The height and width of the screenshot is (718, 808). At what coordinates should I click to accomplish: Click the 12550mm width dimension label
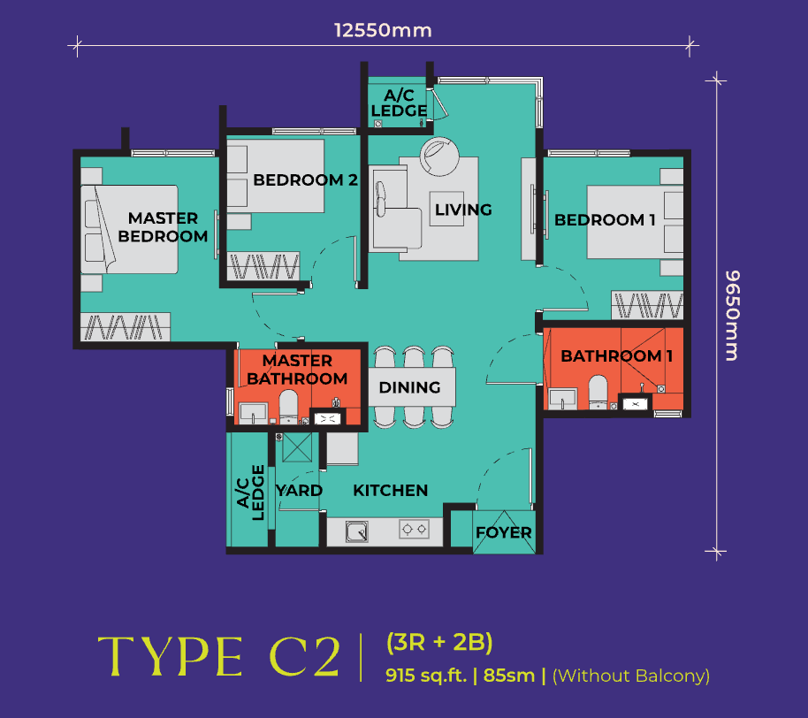pyautogui.click(x=383, y=31)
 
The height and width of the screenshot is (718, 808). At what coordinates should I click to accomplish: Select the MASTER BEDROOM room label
pyautogui.click(x=163, y=227)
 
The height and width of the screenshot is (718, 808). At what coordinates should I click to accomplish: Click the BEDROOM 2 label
pyautogui.click(x=305, y=180)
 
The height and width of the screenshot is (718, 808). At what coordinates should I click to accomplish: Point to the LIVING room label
pyautogui.click(x=462, y=210)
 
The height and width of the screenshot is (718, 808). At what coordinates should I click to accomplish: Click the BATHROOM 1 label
pyautogui.click(x=611, y=356)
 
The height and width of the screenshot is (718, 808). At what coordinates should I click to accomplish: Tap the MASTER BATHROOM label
pyautogui.click(x=297, y=370)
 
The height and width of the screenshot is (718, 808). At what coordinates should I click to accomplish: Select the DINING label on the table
pyautogui.click(x=409, y=387)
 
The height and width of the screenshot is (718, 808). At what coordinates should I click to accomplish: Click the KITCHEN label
pyautogui.click(x=390, y=490)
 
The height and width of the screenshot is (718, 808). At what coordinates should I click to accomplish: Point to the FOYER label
pyautogui.click(x=503, y=532)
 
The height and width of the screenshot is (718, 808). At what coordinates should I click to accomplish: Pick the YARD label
pyautogui.click(x=299, y=490)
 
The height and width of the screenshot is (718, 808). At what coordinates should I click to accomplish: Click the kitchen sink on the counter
pyautogui.click(x=357, y=531)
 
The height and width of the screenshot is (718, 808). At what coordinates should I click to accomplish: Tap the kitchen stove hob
pyautogui.click(x=414, y=531)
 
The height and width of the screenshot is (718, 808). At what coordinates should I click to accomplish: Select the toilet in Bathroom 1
pyautogui.click(x=598, y=391)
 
